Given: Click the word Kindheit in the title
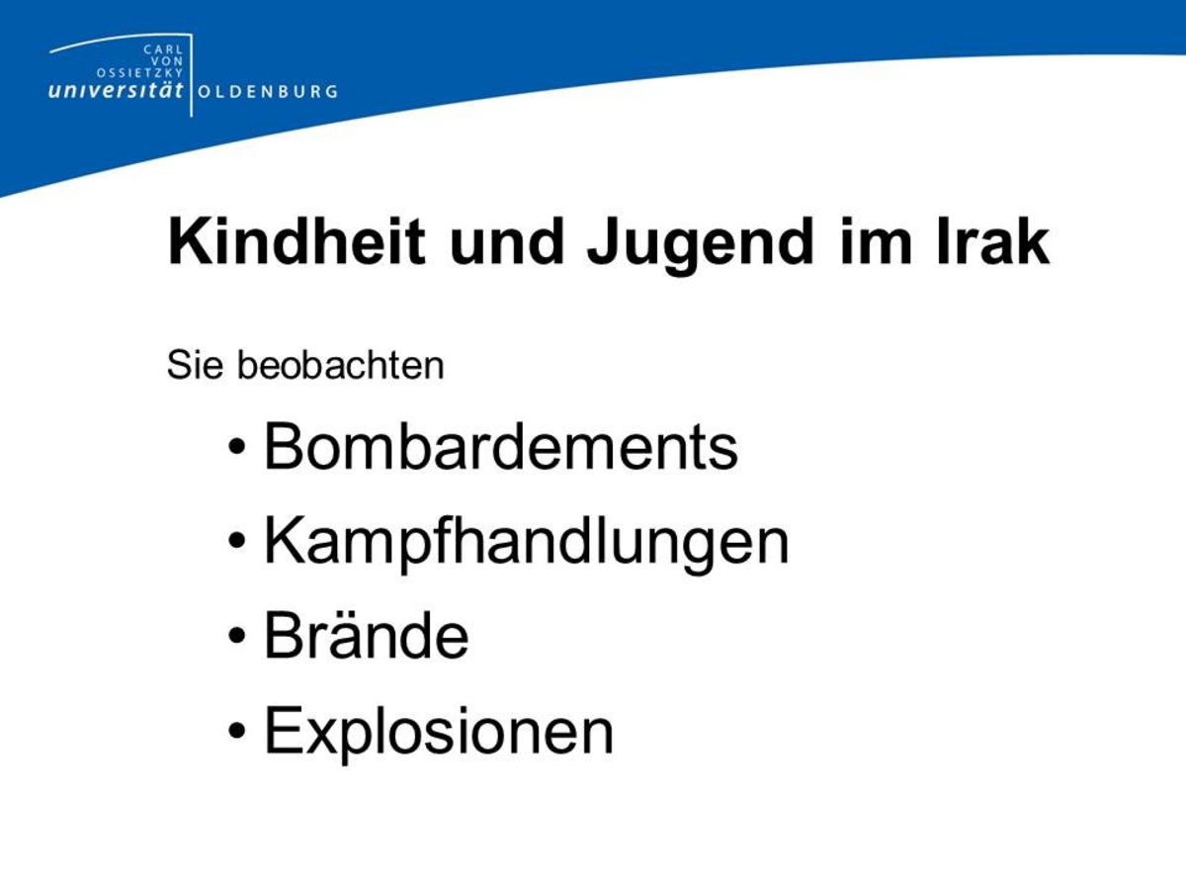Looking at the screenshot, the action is pos(296,241).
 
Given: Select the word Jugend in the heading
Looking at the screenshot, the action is pos(701,246).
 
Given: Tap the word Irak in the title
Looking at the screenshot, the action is pos(992,241).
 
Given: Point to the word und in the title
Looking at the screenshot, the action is pos(506,241).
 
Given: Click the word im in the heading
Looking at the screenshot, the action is pos(876,241).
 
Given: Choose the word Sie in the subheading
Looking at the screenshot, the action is pos(195,365).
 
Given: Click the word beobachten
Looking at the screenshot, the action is pos(340,365).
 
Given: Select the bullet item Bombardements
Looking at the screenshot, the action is pos(500,447).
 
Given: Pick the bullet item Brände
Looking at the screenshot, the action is pos(366,636).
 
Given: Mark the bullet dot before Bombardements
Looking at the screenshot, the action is pos(236,447).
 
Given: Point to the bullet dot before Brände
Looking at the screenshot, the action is pos(236,636).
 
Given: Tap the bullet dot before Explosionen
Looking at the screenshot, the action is pos(236,731).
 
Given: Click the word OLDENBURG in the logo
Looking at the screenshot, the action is pos(268,91).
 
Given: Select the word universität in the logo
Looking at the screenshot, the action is pos(116,90).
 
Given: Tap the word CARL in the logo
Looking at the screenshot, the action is pos(163,49).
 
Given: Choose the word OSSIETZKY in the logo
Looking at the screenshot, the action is pos(140,72).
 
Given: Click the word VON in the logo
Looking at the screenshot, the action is pos(167,61).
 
